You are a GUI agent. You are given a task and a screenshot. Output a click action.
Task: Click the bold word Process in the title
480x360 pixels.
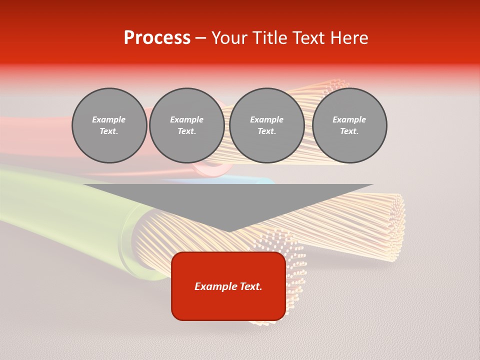(x=157, y=38)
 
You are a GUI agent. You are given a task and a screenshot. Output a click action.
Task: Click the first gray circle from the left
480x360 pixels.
(x=109, y=125)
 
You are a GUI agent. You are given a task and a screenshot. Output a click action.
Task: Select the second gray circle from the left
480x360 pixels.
(x=187, y=125)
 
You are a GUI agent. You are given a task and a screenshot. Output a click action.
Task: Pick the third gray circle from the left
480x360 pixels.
(x=267, y=125)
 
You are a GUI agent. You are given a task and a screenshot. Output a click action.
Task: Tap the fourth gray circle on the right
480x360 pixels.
(x=349, y=125)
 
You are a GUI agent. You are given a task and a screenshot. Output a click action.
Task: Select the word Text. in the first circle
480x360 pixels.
(x=109, y=131)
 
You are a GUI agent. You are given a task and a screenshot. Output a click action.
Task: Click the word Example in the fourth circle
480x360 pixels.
(x=349, y=119)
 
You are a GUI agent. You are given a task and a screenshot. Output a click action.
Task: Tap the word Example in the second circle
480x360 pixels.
(x=187, y=119)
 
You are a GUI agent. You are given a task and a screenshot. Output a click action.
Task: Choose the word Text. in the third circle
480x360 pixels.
(x=267, y=131)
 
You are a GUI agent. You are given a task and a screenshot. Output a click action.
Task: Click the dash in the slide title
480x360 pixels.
(x=201, y=38)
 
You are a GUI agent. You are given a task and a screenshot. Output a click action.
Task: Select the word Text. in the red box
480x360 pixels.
(x=250, y=286)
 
